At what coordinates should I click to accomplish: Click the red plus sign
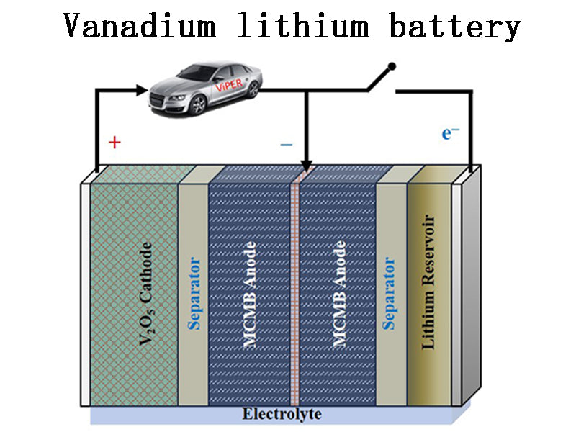coord(114,142)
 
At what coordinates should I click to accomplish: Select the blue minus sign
coord(287,145)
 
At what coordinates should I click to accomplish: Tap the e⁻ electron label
coord(451,133)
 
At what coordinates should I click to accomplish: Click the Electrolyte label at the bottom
coord(282,414)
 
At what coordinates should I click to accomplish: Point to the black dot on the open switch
coord(392,67)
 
